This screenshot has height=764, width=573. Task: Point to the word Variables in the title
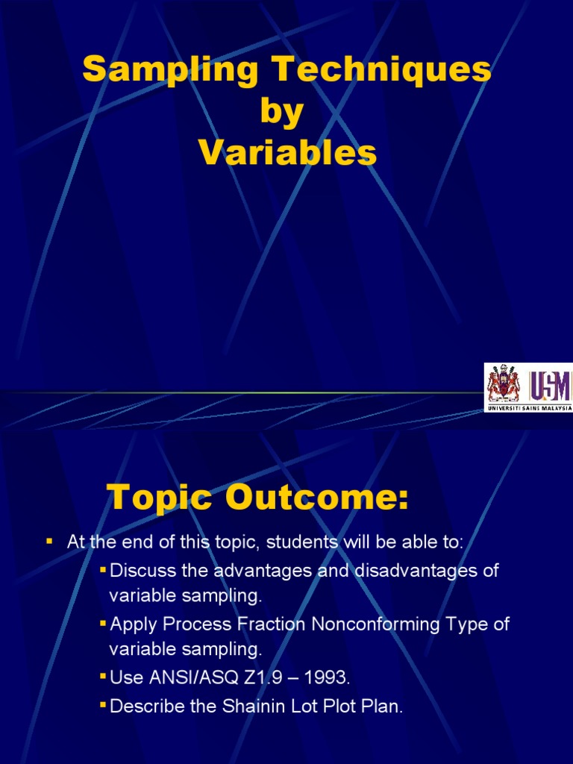[287, 153]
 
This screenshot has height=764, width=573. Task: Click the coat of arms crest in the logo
[503, 385]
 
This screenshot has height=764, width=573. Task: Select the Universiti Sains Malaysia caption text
[529, 408]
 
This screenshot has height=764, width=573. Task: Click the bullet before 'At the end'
[49, 541]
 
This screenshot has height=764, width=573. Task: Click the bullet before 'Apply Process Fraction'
[103, 624]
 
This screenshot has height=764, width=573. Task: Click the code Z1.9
[263, 678]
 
